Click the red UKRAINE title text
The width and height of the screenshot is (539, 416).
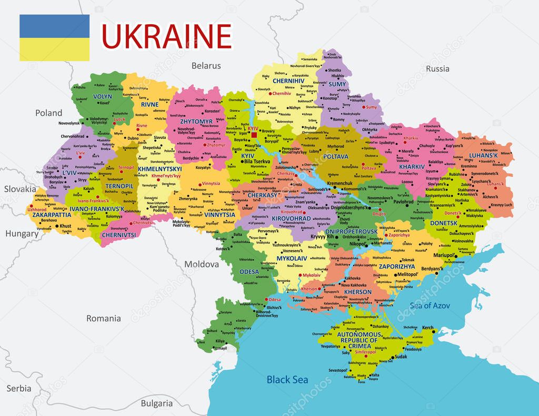click(166, 36)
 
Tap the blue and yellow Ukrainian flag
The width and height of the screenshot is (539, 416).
click(54, 37)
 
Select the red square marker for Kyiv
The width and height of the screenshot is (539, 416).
click(254, 135)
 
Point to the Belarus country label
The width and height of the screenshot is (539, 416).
click(206, 66)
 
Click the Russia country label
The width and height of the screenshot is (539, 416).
click(437, 68)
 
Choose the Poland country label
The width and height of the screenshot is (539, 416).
click(48, 113)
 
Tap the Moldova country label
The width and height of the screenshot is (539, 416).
click(201, 264)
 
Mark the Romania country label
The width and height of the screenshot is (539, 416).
click(104, 318)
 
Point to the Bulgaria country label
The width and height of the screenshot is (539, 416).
click(156, 403)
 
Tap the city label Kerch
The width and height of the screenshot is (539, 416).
click(427, 328)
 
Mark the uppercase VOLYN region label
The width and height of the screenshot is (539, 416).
click(103, 97)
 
